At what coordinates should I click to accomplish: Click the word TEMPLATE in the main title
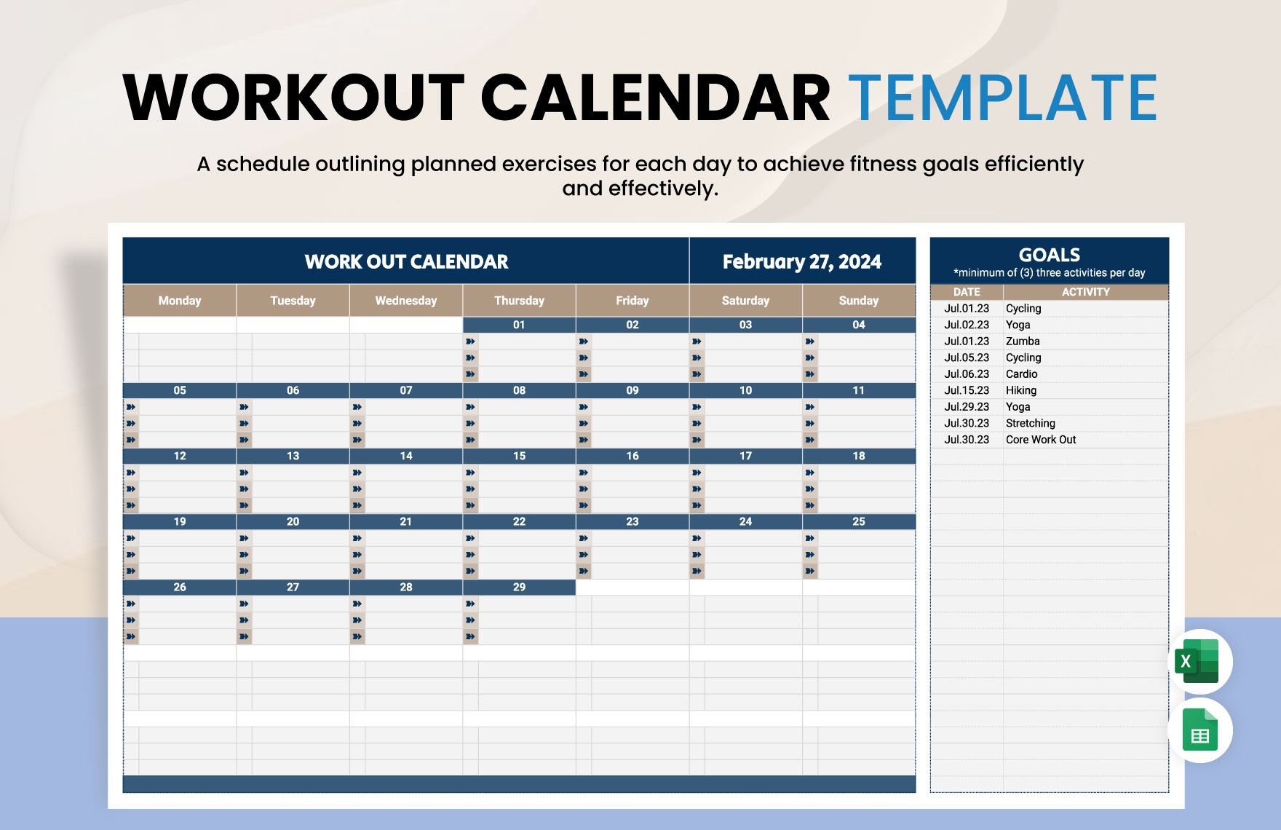click(1003, 98)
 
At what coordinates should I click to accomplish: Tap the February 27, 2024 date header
click(801, 261)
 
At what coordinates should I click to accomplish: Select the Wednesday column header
click(405, 301)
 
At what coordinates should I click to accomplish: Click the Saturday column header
click(745, 301)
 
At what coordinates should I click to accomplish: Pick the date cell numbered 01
click(519, 325)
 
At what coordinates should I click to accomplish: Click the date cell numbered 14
click(405, 456)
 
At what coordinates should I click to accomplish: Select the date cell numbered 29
click(519, 587)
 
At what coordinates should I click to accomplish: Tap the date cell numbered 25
click(858, 521)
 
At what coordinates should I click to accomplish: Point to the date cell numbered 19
click(179, 521)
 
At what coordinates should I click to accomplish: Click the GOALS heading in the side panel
click(1049, 255)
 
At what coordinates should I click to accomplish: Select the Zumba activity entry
click(1023, 341)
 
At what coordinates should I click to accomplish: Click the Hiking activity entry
click(1020, 390)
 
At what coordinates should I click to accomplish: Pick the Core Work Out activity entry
click(1040, 440)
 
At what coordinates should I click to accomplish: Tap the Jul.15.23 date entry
click(967, 390)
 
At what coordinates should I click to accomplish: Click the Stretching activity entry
click(1030, 423)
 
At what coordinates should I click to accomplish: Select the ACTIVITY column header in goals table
click(1085, 292)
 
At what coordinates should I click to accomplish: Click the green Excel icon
click(1199, 661)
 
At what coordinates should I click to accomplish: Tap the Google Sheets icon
click(1199, 730)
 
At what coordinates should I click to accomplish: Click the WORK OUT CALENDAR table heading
click(406, 261)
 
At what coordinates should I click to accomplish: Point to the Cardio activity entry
click(1021, 374)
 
